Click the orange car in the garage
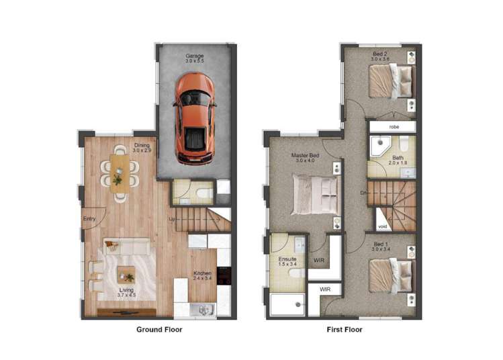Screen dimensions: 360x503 pos(195,118)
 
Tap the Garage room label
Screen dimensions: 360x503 pos(195,56)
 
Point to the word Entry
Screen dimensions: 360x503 pos(89,219)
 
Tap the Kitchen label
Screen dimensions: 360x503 pos(202,274)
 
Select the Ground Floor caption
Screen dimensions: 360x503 pos(159,330)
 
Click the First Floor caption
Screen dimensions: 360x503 pos(345,330)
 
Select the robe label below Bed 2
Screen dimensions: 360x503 pos(392,126)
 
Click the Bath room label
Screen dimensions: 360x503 pos(398,159)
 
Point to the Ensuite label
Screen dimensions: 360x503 pos(287,259)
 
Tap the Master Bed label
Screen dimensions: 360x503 pos(305,156)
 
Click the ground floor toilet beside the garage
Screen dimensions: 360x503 pos(202,193)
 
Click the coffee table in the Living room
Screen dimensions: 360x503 pos(126,274)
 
